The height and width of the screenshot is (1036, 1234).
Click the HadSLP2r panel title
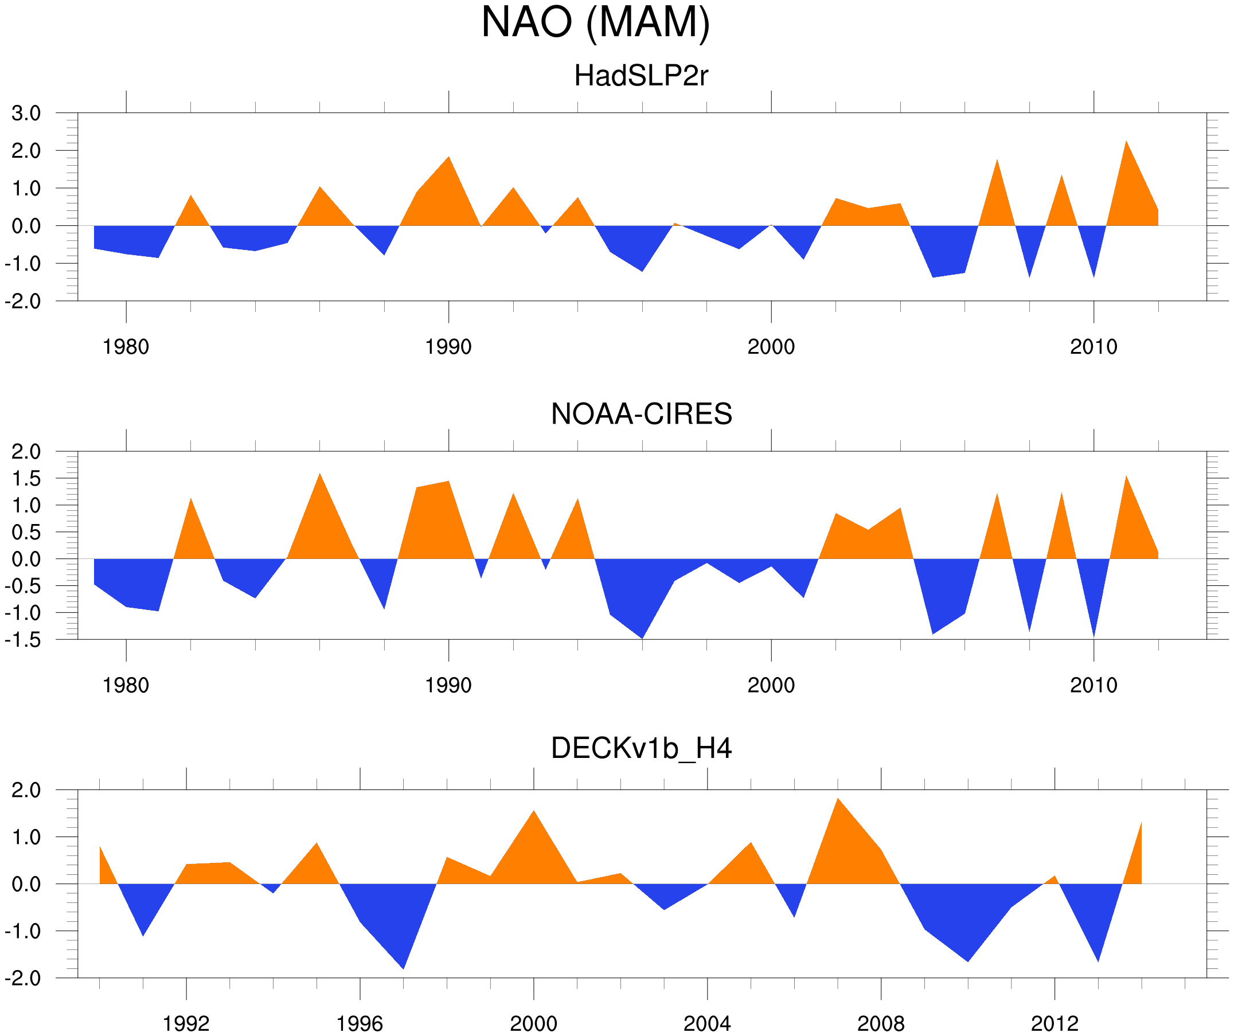tap(641, 76)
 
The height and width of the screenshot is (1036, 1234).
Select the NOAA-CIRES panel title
tap(641, 415)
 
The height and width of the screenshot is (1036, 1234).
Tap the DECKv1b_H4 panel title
tap(641, 749)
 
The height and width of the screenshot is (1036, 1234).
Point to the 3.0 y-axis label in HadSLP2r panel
tap(26, 114)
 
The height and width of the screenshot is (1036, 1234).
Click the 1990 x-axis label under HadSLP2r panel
tap(448, 347)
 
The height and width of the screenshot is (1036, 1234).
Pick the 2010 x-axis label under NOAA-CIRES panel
tap(1093, 686)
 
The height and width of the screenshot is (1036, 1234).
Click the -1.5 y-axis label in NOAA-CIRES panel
tap(24, 640)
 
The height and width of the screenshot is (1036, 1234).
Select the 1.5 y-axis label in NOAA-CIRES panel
tap(26, 479)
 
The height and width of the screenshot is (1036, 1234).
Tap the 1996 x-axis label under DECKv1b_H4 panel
tap(360, 1025)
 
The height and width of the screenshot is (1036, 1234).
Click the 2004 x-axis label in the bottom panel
tap(707, 1025)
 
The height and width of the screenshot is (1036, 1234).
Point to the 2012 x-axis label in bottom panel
tap(1054, 1025)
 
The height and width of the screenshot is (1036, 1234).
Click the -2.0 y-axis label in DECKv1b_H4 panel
tap(24, 979)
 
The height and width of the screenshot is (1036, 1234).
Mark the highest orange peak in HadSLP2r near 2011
tap(1126, 142)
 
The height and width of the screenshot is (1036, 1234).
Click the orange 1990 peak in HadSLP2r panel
tap(449, 158)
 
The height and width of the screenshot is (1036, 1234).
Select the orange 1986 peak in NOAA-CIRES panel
tap(319, 474)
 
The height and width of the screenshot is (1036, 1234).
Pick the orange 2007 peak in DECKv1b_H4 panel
tap(838, 799)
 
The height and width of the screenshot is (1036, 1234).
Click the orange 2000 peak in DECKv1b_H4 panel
tap(533, 811)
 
